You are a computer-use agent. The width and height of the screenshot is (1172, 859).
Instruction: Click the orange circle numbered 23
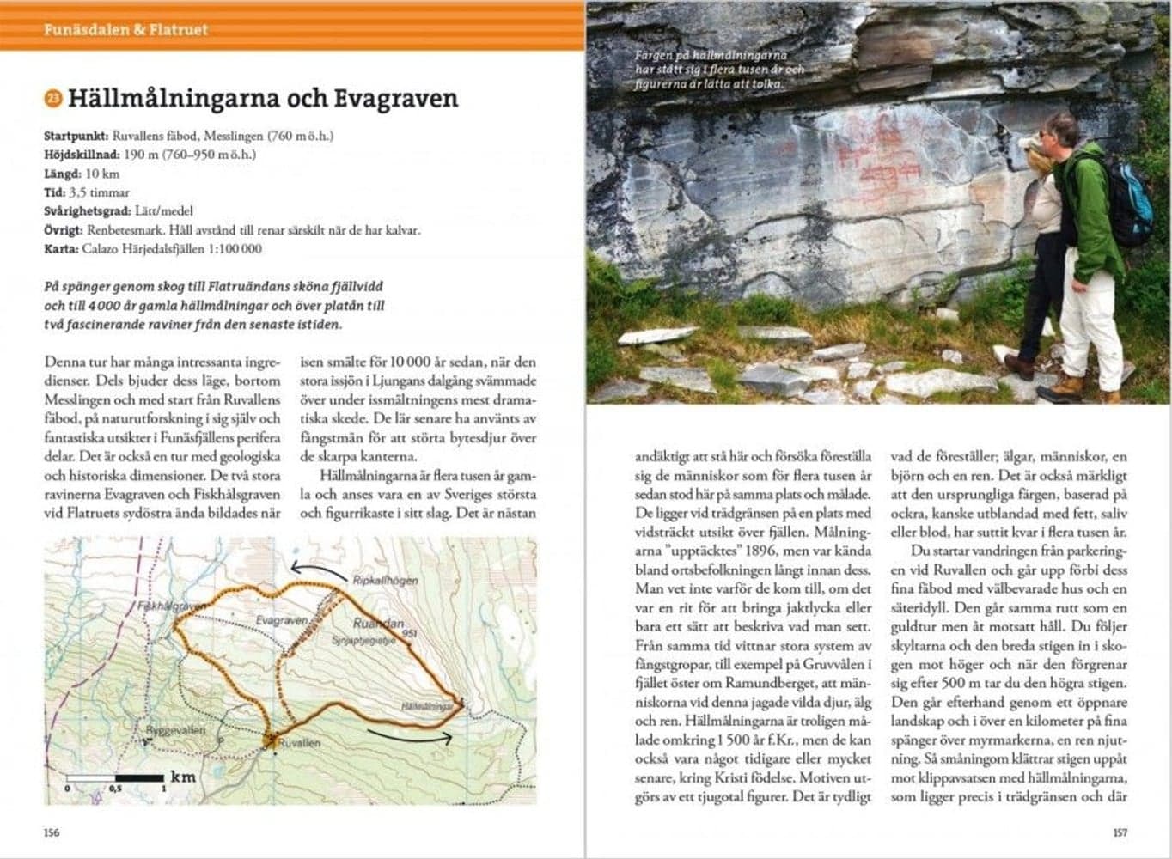tap(52, 100)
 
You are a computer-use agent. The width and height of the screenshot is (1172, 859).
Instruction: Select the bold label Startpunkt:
tap(76, 137)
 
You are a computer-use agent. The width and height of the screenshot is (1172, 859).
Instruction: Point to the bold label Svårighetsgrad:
tap(88, 211)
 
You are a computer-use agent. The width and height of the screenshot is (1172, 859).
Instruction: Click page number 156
tap(52, 832)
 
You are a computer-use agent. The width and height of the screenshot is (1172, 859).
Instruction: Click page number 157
tap(1120, 832)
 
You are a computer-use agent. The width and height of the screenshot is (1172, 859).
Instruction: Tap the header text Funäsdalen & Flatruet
tap(126, 30)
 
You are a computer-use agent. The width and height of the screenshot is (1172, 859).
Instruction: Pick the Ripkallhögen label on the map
tap(386, 581)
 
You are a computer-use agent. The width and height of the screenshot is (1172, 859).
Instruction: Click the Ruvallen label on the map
tap(300, 743)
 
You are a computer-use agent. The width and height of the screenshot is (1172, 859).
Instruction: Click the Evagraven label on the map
tap(281, 620)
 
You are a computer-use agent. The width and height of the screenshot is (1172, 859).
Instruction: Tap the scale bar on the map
tap(114, 778)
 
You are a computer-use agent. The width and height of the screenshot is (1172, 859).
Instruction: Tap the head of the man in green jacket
tap(1060, 131)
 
